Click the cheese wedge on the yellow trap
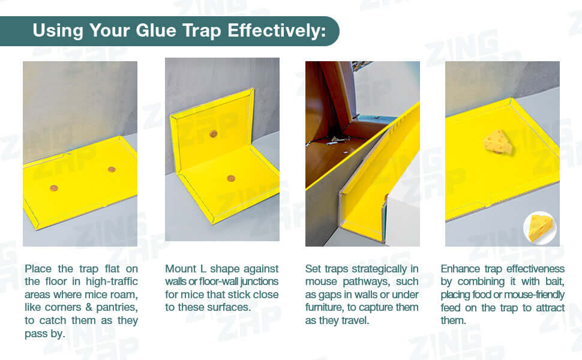pos(499,142)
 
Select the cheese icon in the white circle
pos(540,228)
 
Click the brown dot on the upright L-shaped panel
pos(213,134)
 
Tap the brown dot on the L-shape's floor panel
pos(231,179)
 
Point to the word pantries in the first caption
pos(116,308)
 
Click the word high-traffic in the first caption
pos(112,281)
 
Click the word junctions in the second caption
pos(259,281)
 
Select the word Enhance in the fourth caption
pos(460,269)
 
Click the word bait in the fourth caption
pos(554,281)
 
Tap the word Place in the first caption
pos(38,269)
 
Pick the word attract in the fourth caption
pos(550,308)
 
